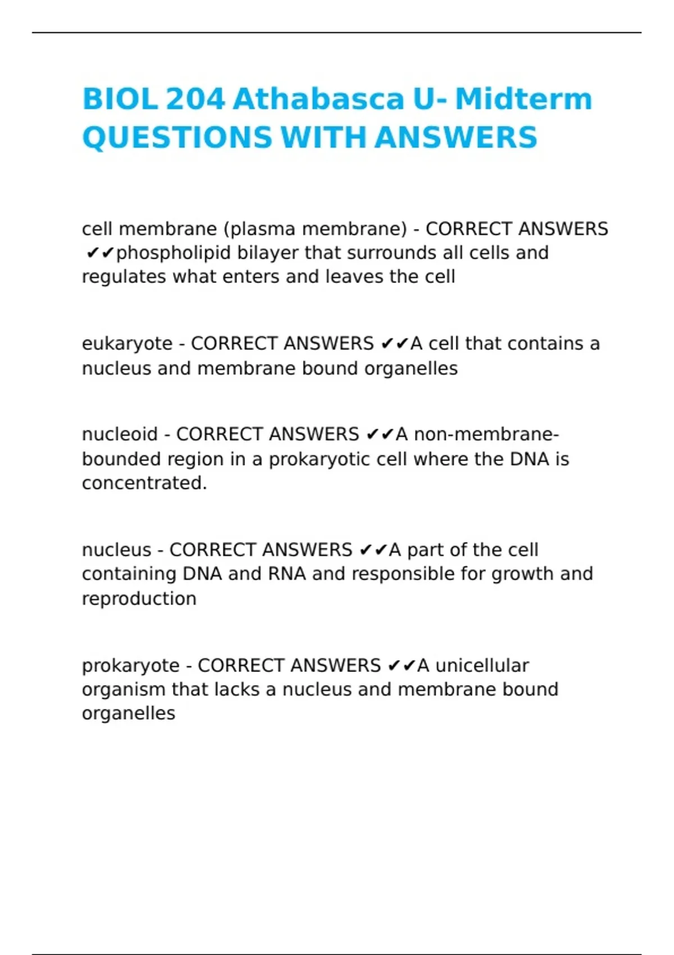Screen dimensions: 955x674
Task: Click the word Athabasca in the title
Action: (x=318, y=99)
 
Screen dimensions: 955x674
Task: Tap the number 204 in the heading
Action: (x=195, y=99)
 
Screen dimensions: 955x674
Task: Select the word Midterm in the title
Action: (x=523, y=99)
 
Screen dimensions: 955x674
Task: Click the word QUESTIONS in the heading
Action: (x=177, y=138)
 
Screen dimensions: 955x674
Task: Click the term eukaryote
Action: (x=127, y=344)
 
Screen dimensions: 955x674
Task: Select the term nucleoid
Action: (x=120, y=434)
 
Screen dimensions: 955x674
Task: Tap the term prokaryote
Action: (x=130, y=666)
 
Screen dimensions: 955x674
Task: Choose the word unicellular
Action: (x=482, y=666)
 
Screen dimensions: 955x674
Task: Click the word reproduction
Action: (x=139, y=599)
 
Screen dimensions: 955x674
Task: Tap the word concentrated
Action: (x=144, y=483)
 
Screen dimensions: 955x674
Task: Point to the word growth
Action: (x=515, y=574)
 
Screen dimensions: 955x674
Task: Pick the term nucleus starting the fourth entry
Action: (x=117, y=550)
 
